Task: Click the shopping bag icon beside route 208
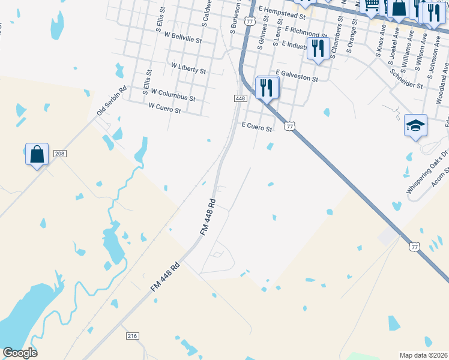(x=37, y=154)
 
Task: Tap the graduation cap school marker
(x=415, y=125)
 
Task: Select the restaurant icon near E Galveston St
(x=267, y=88)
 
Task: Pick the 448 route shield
(x=240, y=98)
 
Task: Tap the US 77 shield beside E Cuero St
(x=290, y=125)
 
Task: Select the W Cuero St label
(x=164, y=109)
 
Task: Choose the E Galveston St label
(x=297, y=76)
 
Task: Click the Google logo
(x=20, y=353)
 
